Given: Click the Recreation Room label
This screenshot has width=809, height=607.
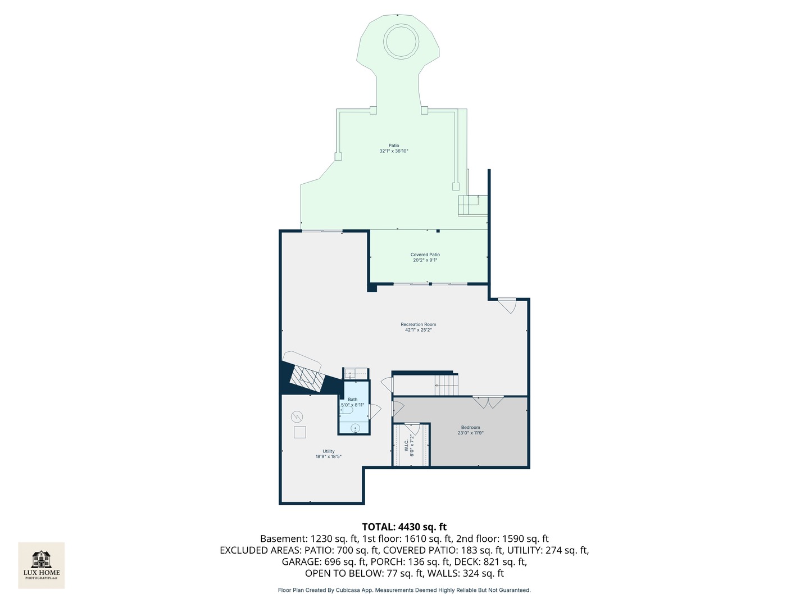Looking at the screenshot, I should point(418,324).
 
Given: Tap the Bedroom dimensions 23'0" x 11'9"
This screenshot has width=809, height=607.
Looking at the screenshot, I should point(470,433).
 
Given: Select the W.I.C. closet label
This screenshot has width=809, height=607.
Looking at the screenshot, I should point(406,445).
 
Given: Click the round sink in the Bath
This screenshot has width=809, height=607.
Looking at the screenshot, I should point(355,429).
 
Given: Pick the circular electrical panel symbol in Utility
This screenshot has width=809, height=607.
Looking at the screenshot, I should point(297,416).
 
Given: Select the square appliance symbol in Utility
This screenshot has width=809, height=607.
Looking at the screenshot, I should point(299,432).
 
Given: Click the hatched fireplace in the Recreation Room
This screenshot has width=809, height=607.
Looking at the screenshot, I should point(307,378).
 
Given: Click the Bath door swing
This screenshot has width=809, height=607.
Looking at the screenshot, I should point(375,411).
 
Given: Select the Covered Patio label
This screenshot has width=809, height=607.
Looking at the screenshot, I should point(425,255).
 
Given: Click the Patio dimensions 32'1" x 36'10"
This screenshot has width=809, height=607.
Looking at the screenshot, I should point(393,151).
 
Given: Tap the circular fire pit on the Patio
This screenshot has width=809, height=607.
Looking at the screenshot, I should point(401,41).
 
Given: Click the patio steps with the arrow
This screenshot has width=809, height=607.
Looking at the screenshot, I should point(472,205).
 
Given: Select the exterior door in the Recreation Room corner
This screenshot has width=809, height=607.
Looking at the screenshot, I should point(508,306).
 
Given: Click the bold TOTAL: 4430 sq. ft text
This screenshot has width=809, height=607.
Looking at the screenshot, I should point(404,527).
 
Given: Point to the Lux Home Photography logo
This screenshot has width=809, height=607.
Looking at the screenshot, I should point(42,565).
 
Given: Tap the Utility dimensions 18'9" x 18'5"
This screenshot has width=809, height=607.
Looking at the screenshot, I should point(328,457).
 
